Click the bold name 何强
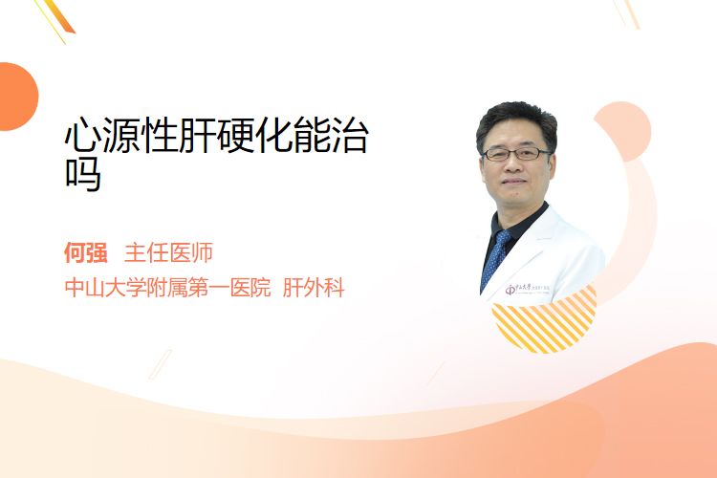pyautogui.click(x=85, y=252)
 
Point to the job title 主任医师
pyautogui.click(x=168, y=252)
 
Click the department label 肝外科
pyautogui.click(x=314, y=288)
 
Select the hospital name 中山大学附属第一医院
pyautogui.click(x=168, y=288)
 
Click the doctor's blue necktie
pyautogui.click(x=495, y=258)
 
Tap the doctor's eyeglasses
pyautogui.click(x=516, y=154)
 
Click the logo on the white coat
pyautogui.click(x=528, y=289)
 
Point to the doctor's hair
pyautogui.click(x=516, y=119)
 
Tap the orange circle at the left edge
pyautogui.click(x=17, y=97)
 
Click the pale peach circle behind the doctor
pyautogui.click(x=622, y=131)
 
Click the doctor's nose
pyautogui.click(x=513, y=164)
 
